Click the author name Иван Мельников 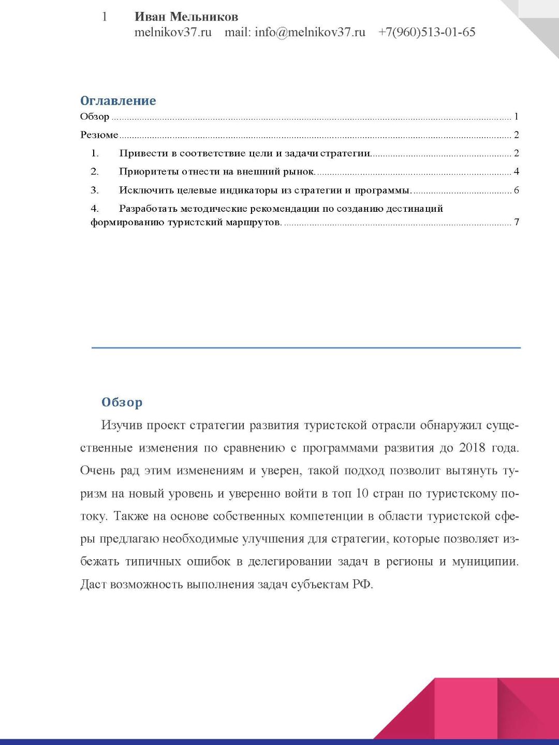(186, 17)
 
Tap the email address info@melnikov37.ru (310, 32)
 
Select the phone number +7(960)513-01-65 (426, 32)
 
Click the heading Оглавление (118, 101)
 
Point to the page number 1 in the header (105, 17)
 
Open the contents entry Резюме (99, 135)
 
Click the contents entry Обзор (95, 117)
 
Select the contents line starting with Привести (245, 153)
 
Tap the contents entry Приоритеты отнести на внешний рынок (217, 172)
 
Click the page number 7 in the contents (516, 223)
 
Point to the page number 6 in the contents (516, 191)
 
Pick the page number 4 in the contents (516, 172)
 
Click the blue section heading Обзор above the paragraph (122, 402)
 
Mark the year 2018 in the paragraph (472, 448)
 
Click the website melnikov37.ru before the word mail (173, 32)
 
